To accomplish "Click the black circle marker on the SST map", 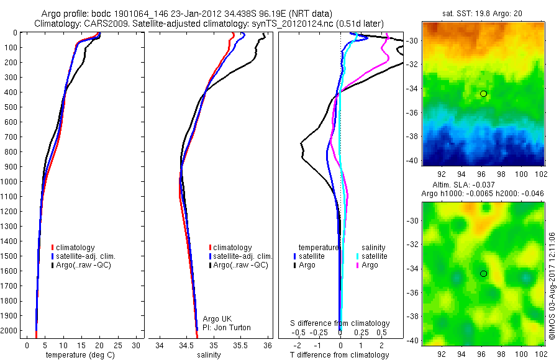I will [x=483, y=94].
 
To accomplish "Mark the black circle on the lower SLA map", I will [x=483, y=274].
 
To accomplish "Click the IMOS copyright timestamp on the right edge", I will [x=552, y=285].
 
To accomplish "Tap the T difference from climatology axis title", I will [x=340, y=355].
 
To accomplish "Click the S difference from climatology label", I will [x=340, y=323].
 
